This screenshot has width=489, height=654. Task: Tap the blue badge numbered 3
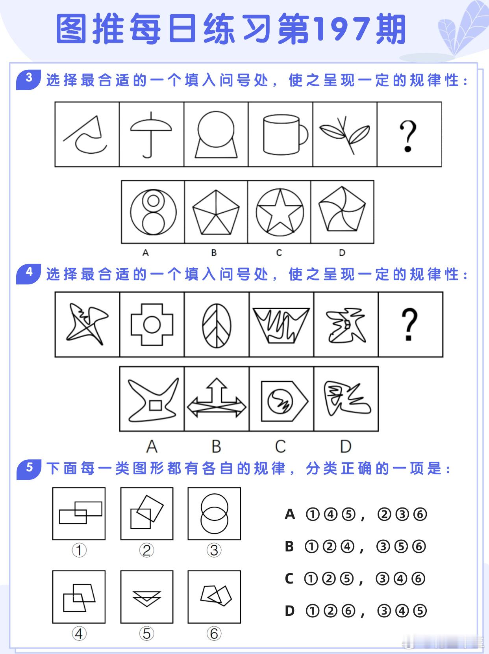click(x=28, y=79)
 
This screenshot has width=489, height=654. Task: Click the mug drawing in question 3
click(x=285, y=135)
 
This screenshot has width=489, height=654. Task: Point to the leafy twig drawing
click(x=345, y=135)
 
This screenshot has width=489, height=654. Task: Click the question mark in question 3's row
click(x=408, y=136)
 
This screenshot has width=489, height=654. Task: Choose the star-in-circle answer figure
click(x=280, y=212)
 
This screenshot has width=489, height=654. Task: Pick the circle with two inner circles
click(x=153, y=212)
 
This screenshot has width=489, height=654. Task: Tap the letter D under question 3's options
click(x=342, y=253)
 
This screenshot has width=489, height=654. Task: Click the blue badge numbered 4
click(x=28, y=273)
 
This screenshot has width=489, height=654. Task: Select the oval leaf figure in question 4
click(x=217, y=325)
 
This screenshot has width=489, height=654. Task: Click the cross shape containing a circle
click(x=152, y=325)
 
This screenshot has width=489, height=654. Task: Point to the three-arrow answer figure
click(x=217, y=398)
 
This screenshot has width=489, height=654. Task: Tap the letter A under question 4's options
click(x=152, y=447)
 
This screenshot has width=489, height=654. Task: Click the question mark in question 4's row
click(x=409, y=324)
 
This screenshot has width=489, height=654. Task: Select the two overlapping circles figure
click(x=214, y=513)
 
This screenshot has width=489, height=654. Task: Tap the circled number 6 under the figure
click(x=214, y=634)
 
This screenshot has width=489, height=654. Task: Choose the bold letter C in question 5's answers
click(x=289, y=579)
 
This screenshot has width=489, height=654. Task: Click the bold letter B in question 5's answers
click(x=289, y=546)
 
